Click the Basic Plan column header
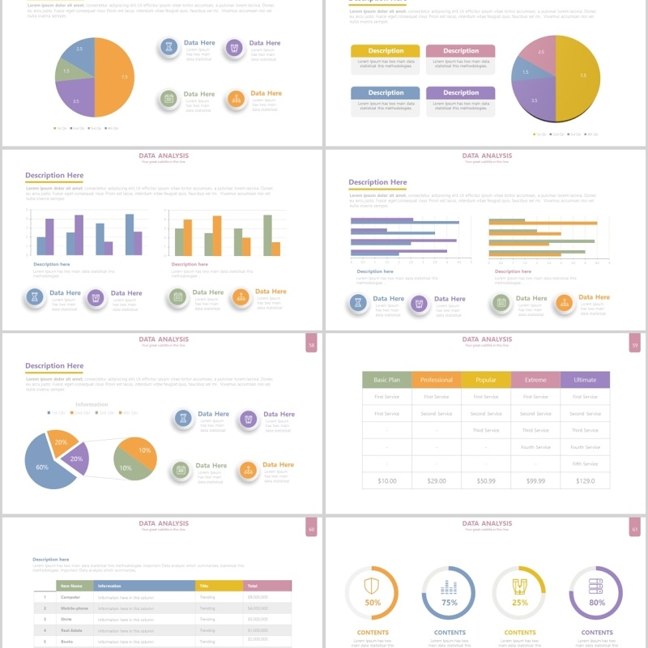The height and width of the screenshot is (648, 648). coord(386,379)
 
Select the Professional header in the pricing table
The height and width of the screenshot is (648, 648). coord(436,379)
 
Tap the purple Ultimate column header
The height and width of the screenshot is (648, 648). coord(584,379)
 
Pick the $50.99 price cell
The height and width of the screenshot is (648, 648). coord(486,481)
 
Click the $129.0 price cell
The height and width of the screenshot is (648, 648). coord(584,481)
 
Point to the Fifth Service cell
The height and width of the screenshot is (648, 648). coord(584,464)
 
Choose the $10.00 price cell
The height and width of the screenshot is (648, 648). coord(386,481)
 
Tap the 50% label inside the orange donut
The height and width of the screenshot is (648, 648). coord(373,603)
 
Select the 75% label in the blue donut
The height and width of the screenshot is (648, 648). coord(450,603)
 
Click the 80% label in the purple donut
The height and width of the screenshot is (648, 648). coord(597,603)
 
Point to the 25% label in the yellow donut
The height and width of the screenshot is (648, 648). coord(520,603)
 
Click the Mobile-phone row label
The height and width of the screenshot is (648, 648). coord(75,607)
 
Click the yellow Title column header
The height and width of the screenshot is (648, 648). coord(219,586)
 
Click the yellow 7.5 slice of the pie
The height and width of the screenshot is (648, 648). coord(580,76)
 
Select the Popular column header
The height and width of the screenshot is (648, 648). coord(486,379)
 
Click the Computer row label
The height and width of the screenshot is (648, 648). coord(71,597)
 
